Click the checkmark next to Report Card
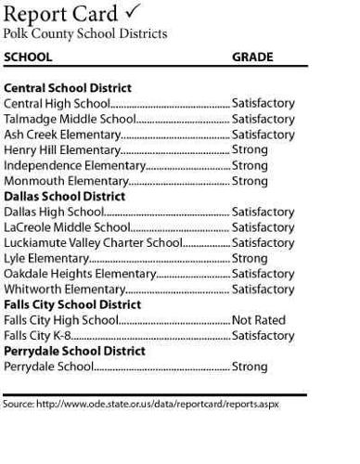pos(133,12)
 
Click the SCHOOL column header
pos(28,58)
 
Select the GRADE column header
pos(252,58)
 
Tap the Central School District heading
pos(68,89)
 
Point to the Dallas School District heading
pos(65,197)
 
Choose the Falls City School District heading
pos(72,304)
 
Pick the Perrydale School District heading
pos(74,352)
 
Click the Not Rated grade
pos(259,320)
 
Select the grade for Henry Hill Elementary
pos(250,150)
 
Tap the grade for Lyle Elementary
pos(250,259)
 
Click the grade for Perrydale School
pos(250,367)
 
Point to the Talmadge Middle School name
pos(70,120)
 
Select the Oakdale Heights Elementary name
pos(80,274)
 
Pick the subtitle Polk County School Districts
pos(85,34)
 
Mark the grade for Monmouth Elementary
pos(250,181)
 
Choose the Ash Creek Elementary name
pos(62,135)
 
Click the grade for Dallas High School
pos(263,213)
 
